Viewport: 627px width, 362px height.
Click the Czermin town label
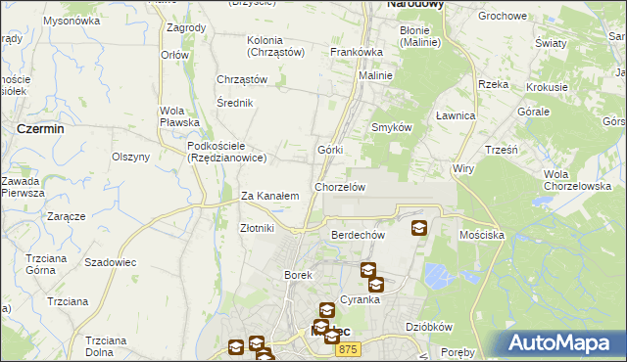[40, 127]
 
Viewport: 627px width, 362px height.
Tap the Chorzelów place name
[340, 186]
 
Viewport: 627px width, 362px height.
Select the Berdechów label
[357, 236]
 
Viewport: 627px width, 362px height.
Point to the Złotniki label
[257, 228]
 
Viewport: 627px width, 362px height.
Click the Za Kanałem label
[269, 196]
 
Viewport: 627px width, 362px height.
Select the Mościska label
[481, 236]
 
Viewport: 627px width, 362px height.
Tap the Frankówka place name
[356, 51]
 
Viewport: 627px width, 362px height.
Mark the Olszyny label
[130, 157]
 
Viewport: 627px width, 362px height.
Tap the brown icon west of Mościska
[419, 228]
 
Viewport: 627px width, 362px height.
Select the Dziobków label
[428, 327]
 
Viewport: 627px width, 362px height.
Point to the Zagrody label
[185, 27]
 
